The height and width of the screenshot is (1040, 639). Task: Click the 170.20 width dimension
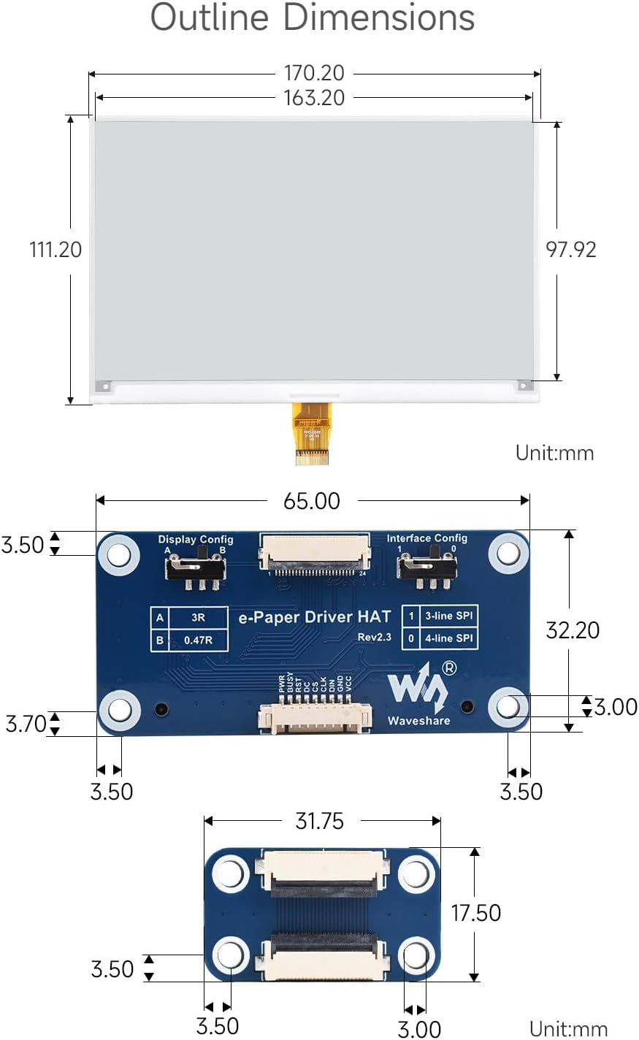314,73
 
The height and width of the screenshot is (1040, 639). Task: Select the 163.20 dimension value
314,98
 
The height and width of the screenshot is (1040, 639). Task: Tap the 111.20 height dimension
56,250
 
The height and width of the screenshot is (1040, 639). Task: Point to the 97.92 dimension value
571,250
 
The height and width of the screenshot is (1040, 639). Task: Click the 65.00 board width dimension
312,501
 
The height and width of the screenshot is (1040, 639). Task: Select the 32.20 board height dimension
573,630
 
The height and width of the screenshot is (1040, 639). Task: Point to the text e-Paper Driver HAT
315,617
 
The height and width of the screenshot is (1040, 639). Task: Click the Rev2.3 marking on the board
374,638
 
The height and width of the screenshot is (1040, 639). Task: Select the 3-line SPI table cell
448,616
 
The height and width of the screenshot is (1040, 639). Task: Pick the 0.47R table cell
198,641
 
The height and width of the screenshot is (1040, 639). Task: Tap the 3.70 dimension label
26,724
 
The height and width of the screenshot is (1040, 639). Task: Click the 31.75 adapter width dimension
319,822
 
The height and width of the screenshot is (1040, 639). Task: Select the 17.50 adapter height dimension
476,913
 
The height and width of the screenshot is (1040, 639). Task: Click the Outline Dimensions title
313,18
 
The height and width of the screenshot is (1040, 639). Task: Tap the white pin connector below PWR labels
314,718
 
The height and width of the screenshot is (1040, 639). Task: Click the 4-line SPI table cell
448,638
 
